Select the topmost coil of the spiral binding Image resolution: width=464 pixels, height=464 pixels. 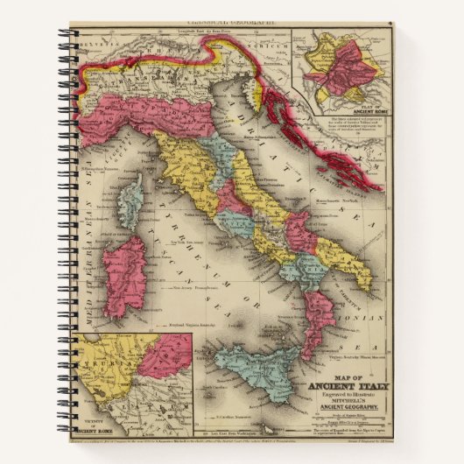(65, 35)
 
